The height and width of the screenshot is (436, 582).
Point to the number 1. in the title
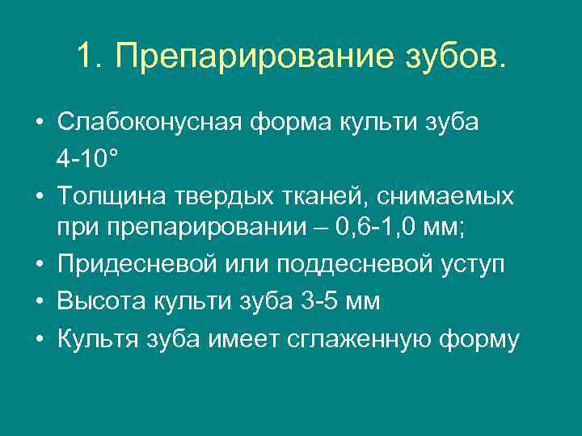pyautogui.click(x=91, y=57)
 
